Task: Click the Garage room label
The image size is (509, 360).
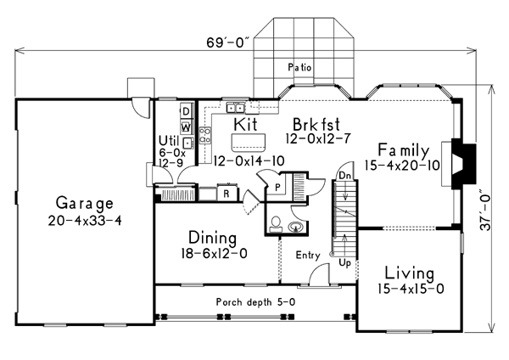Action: click(x=85, y=203)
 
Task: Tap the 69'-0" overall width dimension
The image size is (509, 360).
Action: click(x=229, y=43)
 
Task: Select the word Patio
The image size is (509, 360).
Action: click(x=299, y=67)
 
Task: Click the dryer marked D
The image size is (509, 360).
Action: click(x=186, y=111)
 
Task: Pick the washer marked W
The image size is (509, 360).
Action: click(x=186, y=127)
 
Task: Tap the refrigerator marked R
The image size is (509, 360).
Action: click(x=227, y=194)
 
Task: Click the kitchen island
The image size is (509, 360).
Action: click(x=248, y=143)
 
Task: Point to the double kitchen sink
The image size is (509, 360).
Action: click(x=235, y=108)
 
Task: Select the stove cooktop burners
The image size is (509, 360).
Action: click(x=204, y=136)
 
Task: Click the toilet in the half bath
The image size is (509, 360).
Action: click(x=276, y=224)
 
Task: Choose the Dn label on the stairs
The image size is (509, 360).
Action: click(x=344, y=176)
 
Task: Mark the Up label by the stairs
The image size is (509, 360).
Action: click(x=345, y=262)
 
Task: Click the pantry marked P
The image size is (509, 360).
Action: click(x=277, y=187)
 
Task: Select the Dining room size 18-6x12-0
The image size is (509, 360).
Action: click(x=214, y=253)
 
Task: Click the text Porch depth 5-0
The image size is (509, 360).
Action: click(x=256, y=302)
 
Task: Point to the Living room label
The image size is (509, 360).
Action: click(x=410, y=273)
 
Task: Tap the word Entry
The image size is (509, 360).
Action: click(x=308, y=256)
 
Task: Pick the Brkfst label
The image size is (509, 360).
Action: click(x=316, y=124)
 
